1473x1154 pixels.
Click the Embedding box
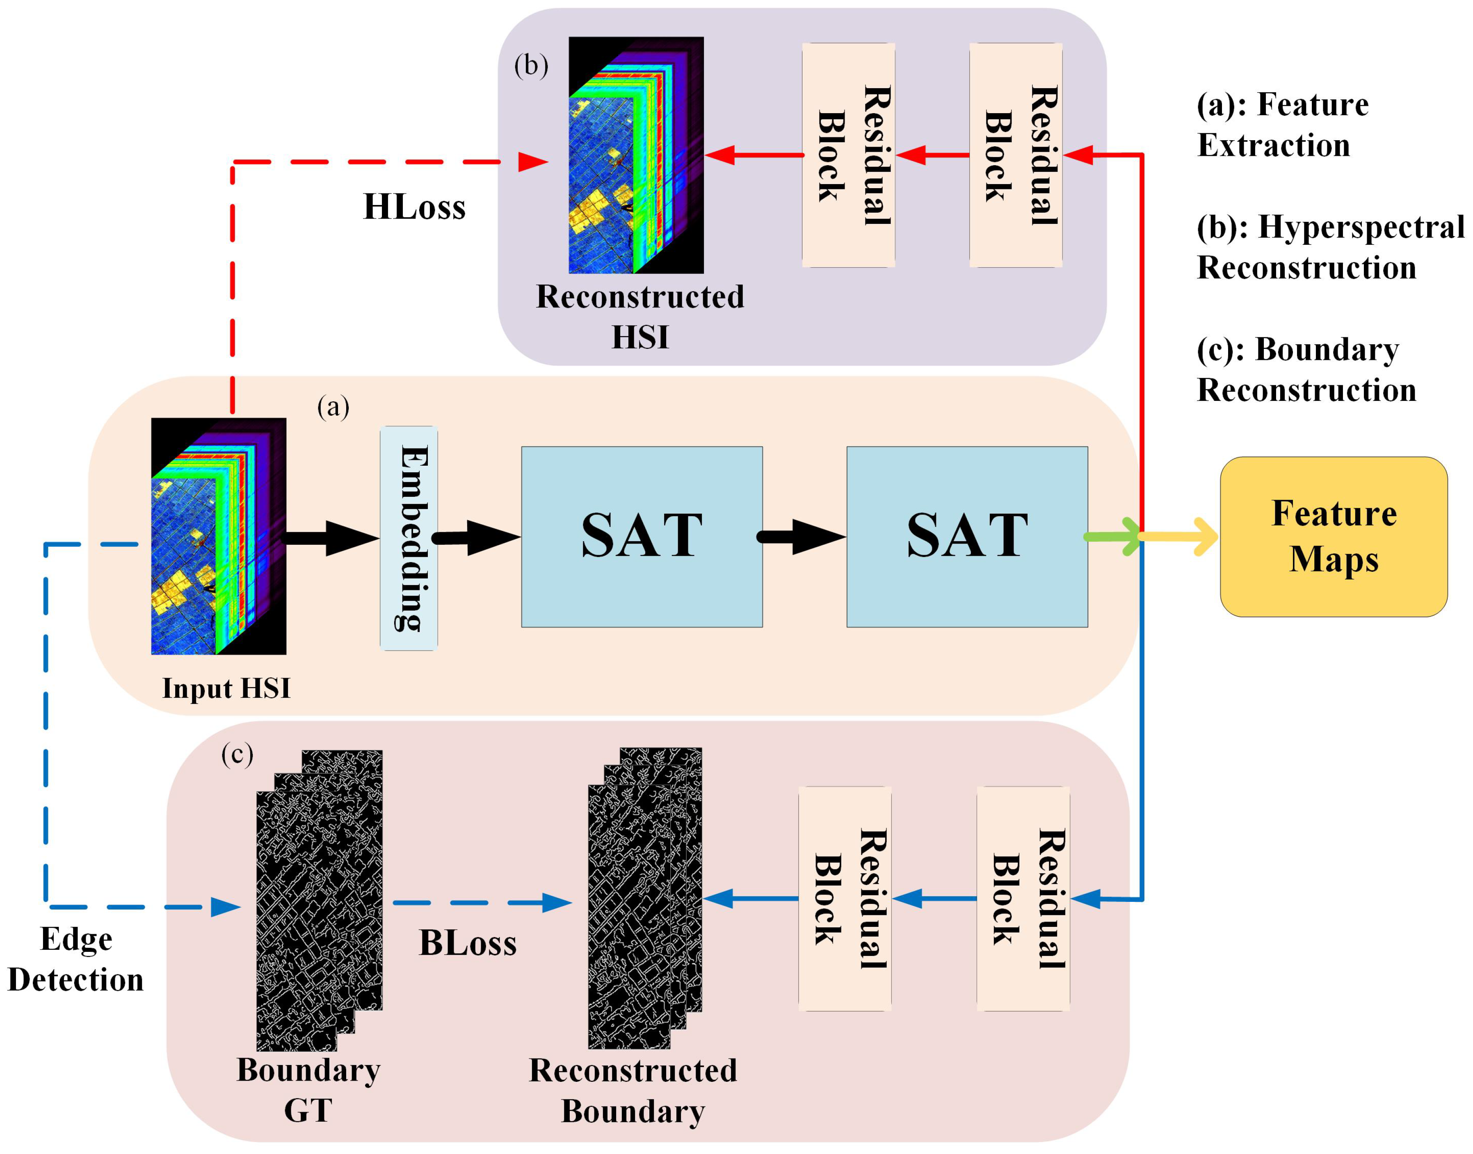(408, 538)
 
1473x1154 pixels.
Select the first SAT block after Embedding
(642, 537)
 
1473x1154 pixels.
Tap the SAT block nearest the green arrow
(967, 537)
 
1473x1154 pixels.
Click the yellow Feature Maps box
(1333, 537)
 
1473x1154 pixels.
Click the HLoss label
(414, 207)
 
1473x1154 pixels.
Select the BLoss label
(468, 943)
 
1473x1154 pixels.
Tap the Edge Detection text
(76, 959)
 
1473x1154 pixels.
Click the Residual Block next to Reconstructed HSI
(848, 155)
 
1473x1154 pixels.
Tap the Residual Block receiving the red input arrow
(1015, 155)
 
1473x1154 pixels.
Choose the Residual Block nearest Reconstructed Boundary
(844, 899)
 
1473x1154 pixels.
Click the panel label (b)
(531, 66)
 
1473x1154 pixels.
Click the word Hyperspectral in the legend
(1360, 227)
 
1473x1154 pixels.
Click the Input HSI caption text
(226, 688)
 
